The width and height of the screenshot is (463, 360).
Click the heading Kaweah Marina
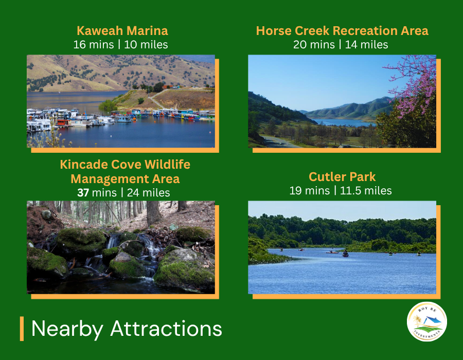122,31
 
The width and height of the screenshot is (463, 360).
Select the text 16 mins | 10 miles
120,45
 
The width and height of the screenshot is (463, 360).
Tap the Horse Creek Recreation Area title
342,31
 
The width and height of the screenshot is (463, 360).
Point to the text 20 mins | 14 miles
341,45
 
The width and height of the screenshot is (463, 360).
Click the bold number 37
83,193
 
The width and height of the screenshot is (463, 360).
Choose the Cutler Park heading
342,177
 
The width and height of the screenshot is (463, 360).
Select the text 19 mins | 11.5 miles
341,191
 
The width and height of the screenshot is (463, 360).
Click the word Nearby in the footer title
67,329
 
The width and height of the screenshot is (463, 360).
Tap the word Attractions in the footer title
166,329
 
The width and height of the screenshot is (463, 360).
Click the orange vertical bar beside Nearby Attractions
22,329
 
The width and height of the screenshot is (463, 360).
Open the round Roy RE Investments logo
426,321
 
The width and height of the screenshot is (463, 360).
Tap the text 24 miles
148,193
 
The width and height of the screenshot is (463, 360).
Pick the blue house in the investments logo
432,320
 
